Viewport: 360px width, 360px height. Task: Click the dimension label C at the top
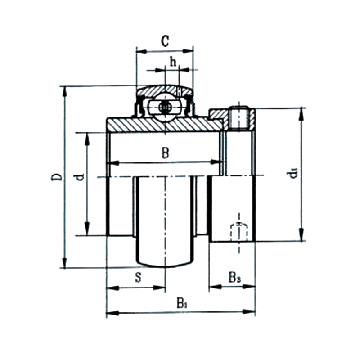click(165, 41)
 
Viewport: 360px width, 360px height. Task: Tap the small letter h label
click(172, 61)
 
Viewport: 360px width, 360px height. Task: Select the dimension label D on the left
click(57, 176)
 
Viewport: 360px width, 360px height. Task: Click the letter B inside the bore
click(165, 153)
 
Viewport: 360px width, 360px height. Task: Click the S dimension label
click(139, 277)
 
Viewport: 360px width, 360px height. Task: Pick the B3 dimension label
click(234, 277)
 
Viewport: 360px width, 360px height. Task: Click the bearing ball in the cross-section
click(165, 108)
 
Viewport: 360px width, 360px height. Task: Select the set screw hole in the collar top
click(239, 118)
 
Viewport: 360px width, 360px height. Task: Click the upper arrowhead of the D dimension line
click(65, 90)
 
